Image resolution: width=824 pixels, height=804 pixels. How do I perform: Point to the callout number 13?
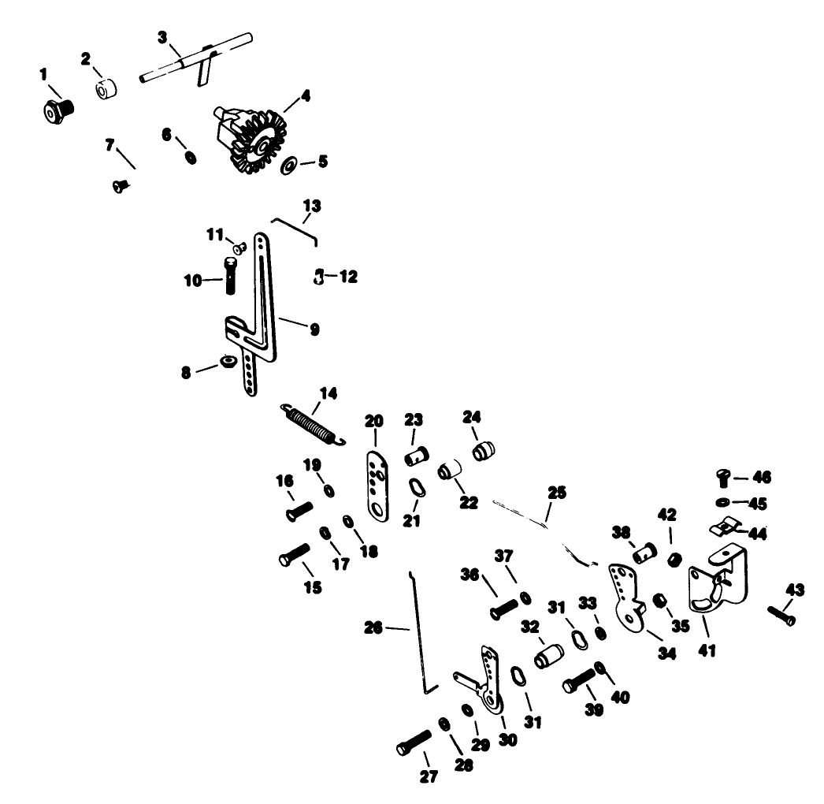(312, 206)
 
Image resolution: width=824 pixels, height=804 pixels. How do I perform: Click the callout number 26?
(373, 628)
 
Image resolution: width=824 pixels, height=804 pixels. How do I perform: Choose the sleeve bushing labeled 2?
(105, 88)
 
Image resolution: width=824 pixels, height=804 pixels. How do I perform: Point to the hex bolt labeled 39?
(580, 680)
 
